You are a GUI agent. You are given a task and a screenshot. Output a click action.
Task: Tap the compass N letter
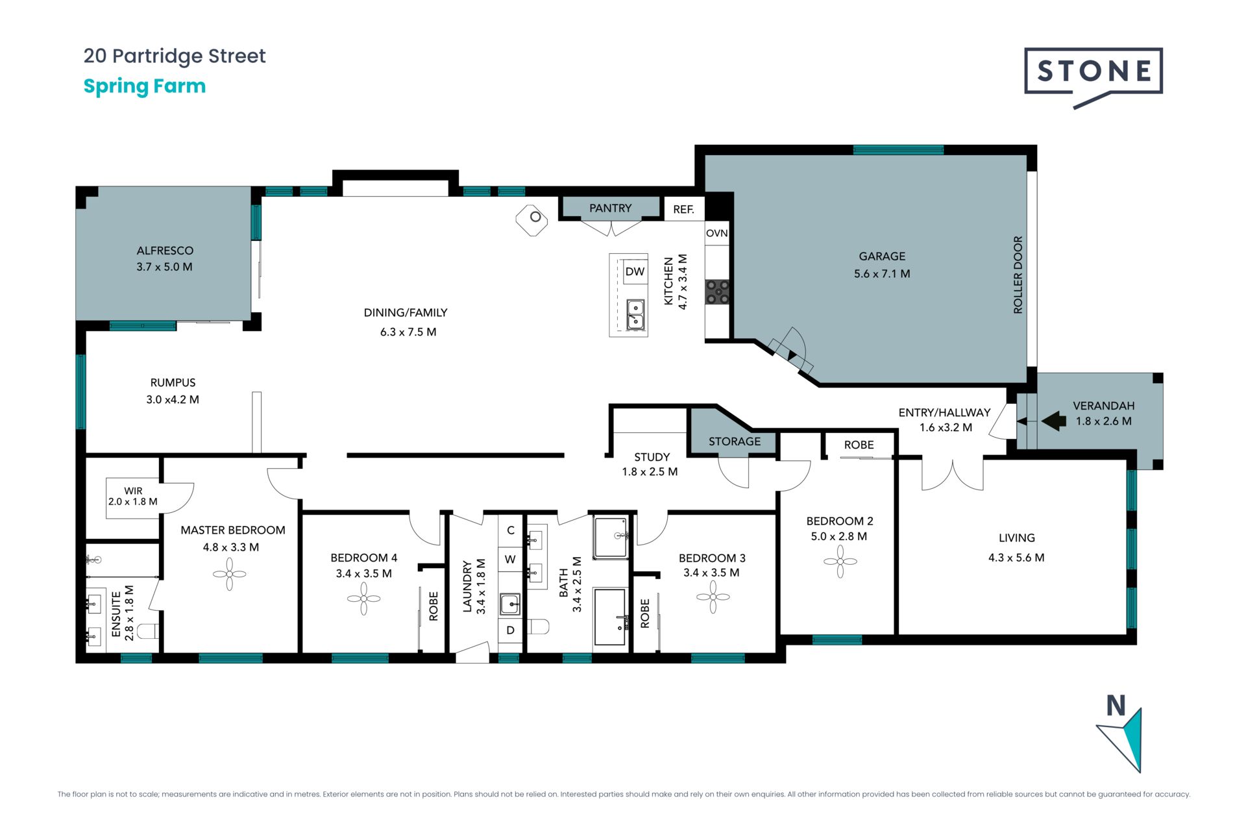click(1116, 706)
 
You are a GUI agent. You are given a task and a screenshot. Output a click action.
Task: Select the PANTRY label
click(610, 208)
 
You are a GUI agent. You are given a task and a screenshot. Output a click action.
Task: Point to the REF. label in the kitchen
click(683, 209)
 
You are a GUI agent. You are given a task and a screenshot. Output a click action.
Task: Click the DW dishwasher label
click(635, 271)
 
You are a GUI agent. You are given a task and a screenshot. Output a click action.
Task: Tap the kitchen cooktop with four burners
click(717, 291)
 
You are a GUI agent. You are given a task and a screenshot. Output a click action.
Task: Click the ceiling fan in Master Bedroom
click(230, 574)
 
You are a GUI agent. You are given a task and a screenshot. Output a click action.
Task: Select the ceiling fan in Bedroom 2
click(840, 561)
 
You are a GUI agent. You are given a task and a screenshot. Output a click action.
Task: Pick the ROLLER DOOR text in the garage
click(1018, 275)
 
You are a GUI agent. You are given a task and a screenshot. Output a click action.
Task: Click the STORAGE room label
click(735, 441)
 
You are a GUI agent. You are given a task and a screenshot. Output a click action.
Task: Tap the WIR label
click(133, 491)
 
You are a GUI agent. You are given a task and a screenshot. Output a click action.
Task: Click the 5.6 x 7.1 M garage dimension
click(882, 274)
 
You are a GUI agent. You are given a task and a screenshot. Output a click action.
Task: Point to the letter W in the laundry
click(510, 559)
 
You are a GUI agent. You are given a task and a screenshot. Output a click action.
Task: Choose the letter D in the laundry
click(511, 630)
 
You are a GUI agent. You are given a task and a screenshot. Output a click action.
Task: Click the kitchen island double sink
click(635, 314)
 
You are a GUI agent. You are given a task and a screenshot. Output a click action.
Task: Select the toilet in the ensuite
click(149, 630)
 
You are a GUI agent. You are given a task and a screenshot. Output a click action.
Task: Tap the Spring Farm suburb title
click(145, 86)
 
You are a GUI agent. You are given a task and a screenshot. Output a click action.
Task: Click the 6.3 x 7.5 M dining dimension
click(408, 332)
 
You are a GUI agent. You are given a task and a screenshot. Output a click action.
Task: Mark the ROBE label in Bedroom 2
click(859, 445)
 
